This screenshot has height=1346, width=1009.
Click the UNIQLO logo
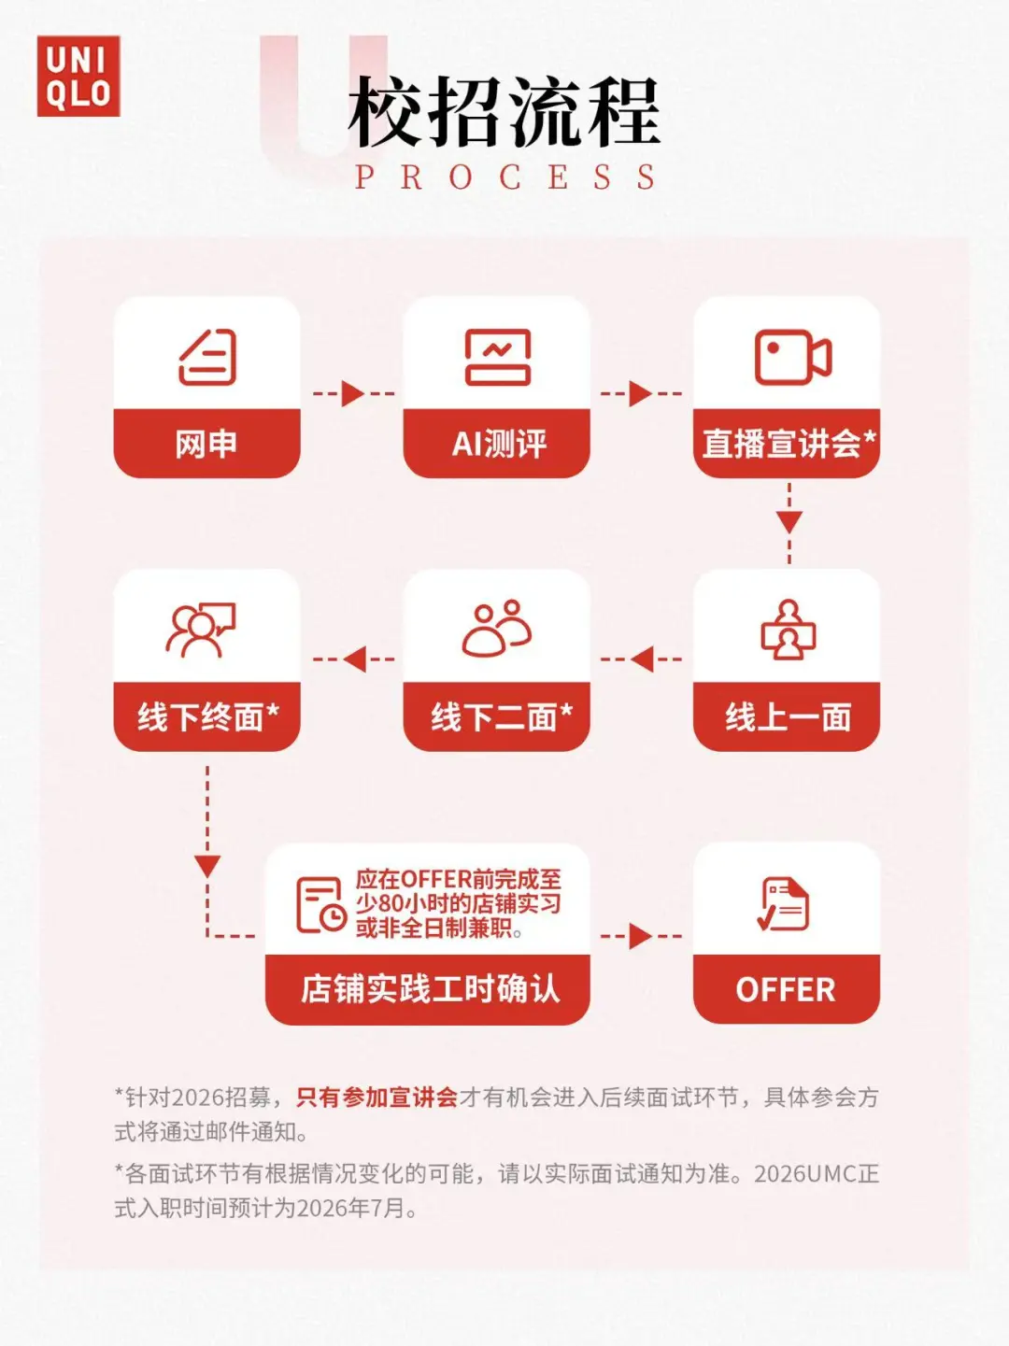78,77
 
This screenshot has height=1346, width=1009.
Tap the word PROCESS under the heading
504,177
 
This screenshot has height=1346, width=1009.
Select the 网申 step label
206,444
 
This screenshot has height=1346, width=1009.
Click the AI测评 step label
499,444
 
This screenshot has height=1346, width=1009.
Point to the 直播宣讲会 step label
788,444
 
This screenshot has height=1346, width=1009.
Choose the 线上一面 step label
788,717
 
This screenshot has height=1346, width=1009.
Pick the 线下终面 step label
207,717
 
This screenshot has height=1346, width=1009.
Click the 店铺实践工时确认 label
430,989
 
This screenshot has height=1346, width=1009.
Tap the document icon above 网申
207,357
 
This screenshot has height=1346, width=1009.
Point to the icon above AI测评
498,357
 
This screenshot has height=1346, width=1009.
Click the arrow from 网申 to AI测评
353,393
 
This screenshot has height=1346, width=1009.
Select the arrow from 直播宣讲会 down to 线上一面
789,522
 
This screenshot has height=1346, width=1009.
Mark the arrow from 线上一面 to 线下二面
642,659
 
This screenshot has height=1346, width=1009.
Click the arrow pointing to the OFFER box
641,936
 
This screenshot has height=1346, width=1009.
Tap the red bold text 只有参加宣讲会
377,1097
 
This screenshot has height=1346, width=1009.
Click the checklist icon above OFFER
784,904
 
